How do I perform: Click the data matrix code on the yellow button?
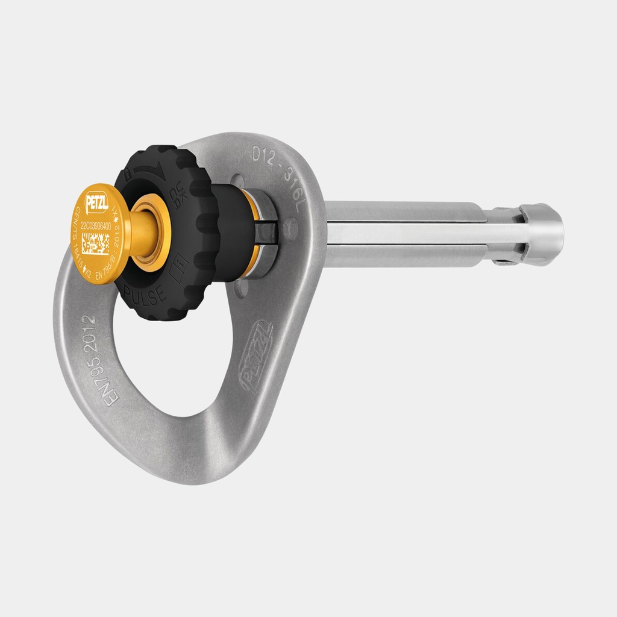[x=96, y=244]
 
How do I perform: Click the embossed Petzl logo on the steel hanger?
[x=256, y=355]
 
